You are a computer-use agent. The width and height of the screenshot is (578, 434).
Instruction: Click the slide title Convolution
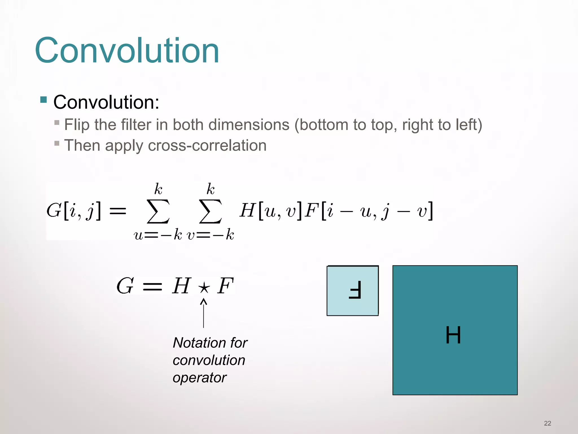coord(127,51)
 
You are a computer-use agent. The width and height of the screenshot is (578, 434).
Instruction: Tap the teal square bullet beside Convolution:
coord(43,99)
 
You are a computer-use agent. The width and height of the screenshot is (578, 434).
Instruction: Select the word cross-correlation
coord(207,146)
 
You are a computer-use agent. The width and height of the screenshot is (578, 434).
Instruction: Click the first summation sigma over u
coord(158,211)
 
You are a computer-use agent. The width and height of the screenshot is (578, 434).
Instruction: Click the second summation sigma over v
coord(210,211)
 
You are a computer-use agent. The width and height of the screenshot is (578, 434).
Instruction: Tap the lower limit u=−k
coord(158,235)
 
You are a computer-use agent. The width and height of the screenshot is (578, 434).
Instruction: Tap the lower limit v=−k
coord(211,235)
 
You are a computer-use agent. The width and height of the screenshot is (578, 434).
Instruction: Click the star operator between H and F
coord(204,288)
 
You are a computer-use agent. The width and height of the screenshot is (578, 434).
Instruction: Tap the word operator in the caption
coord(200,377)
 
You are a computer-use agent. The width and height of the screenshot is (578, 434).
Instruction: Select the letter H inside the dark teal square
coord(453,335)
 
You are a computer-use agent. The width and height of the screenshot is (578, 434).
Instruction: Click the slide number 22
coord(548,423)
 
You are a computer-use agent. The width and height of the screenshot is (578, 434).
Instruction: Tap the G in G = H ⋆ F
coord(125,286)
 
